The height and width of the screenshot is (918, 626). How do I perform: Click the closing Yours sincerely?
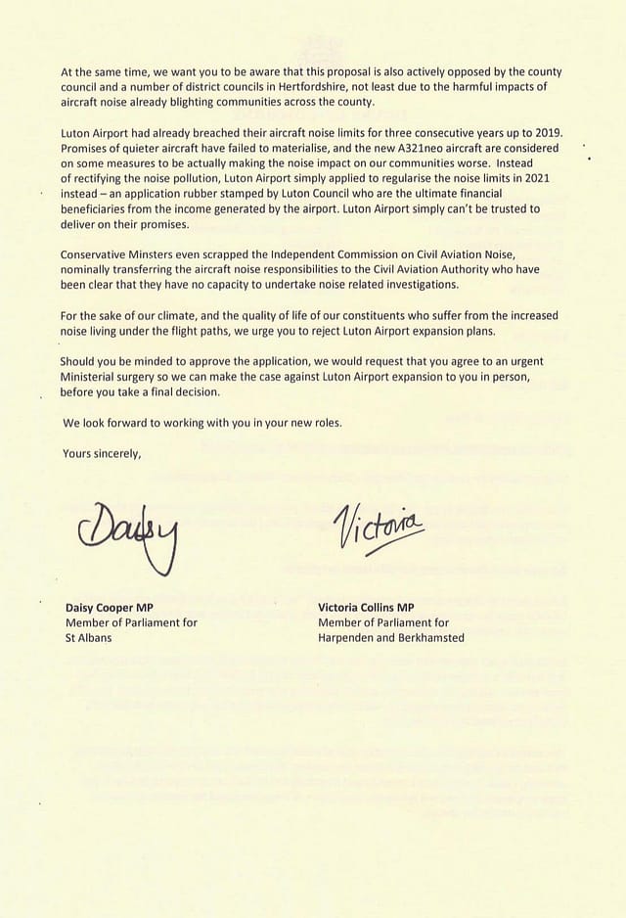102,453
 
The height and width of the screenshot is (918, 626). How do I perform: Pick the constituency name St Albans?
88,638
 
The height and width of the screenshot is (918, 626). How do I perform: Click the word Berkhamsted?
427,638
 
